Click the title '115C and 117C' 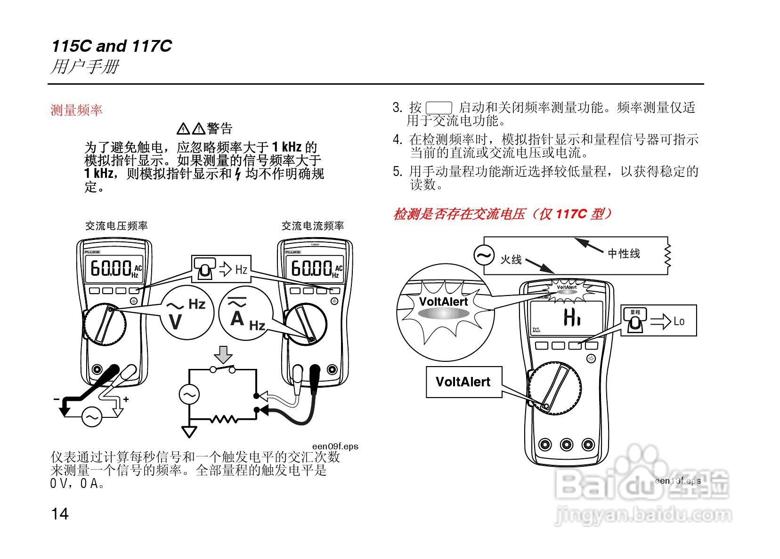pos(112,46)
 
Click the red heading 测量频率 pos(76,111)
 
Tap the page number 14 pos(60,514)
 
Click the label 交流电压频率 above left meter pos(116,226)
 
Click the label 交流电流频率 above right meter pos(313,226)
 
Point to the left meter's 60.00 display pos(111,269)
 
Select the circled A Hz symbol pos(245,313)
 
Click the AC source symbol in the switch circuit pos(189,394)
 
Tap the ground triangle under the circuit pos(189,431)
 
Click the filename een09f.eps pos(335,446)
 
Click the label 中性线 pos(624,254)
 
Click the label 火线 pos(511,259)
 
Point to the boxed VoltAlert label pos(463,382)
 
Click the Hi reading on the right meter pos(572,319)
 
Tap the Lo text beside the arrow pos(679,321)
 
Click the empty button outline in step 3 pos(439,108)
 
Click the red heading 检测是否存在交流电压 pos(503,214)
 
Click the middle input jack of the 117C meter pos(567,444)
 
